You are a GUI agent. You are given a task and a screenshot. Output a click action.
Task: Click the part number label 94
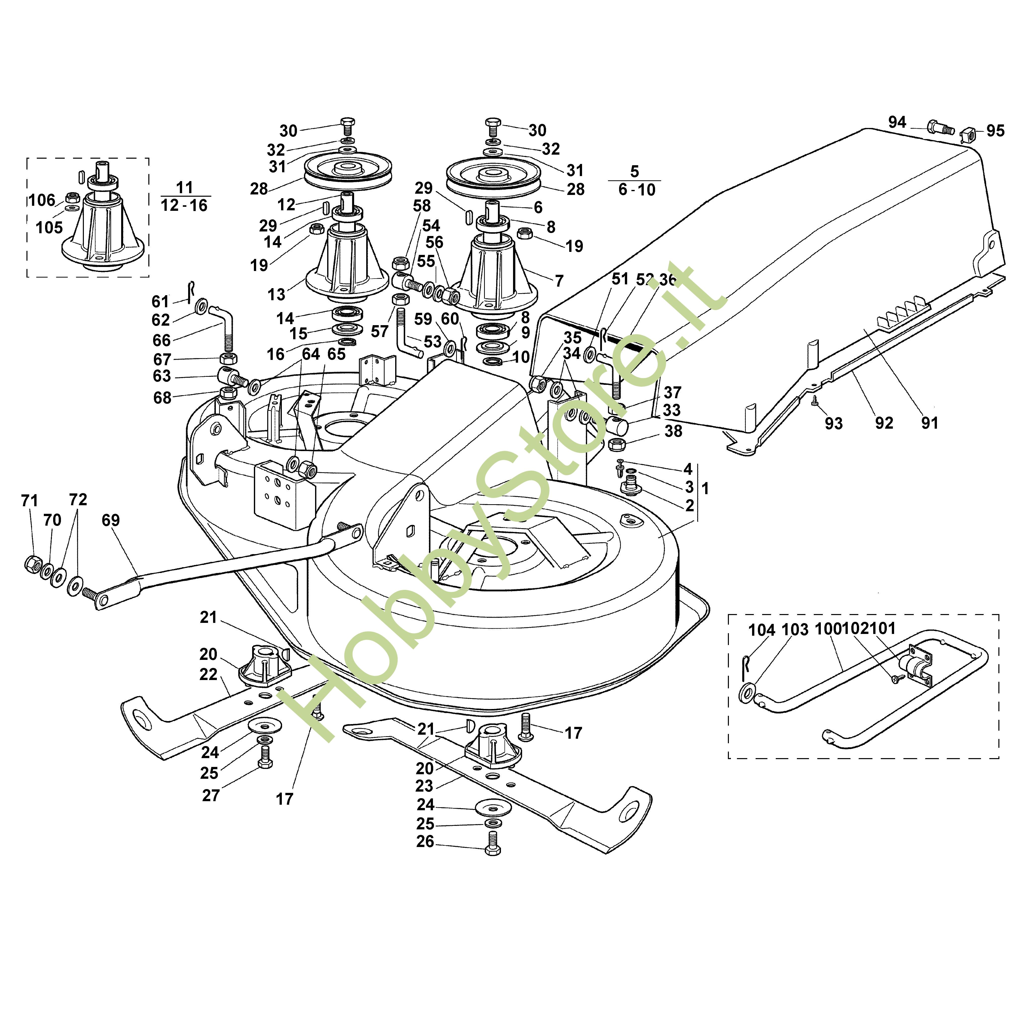[897, 122]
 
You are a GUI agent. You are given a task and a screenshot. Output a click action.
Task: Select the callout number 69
[111, 520]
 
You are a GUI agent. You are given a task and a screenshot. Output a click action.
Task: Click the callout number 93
[833, 424]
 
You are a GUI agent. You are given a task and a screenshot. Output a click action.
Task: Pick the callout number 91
[929, 423]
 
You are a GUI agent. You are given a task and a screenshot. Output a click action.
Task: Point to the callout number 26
[425, 842]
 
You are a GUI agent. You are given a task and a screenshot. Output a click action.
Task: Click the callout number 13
[276, 294]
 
